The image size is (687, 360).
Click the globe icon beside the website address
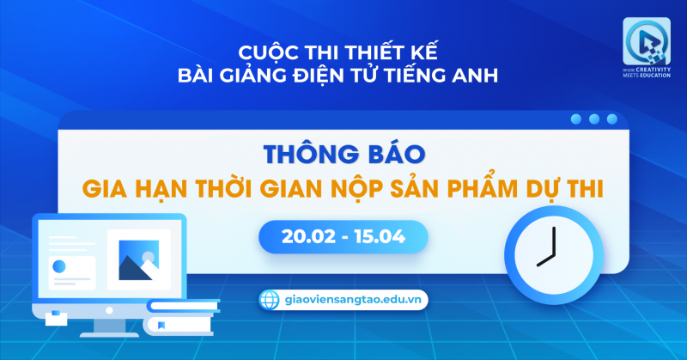click(270, 299)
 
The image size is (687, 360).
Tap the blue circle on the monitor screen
click(59, 265)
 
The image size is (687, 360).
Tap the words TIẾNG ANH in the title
click(458, 76)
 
